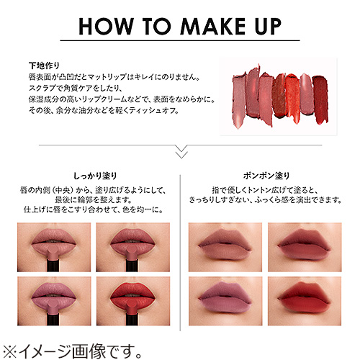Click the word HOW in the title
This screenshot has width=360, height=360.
(102, 27)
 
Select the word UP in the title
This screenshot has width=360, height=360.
(266, 27)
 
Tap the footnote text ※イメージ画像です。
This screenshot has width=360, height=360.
(72, 348)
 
